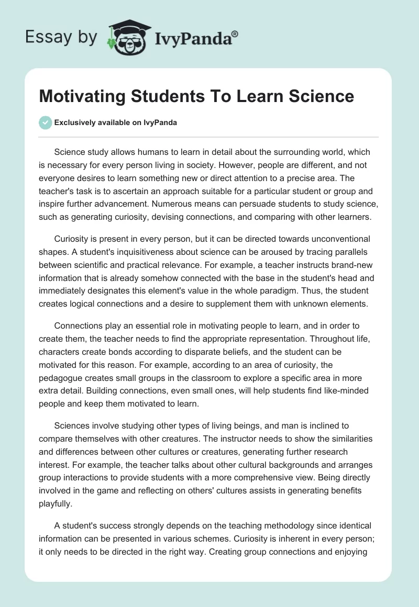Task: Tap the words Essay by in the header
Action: [x=61, y=37]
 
